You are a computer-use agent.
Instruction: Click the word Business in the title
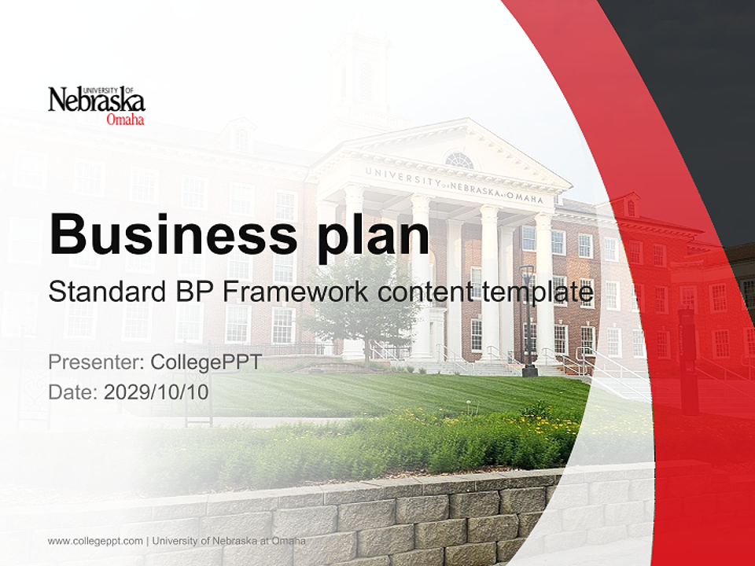click(x=173, y=234)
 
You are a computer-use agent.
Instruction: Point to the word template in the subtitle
click(x=537, y=293)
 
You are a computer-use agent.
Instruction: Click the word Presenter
click(x=96, y=362)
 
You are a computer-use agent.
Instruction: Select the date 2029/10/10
click(x=156, y=391)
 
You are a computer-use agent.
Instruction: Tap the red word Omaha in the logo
click(x=125, y=119)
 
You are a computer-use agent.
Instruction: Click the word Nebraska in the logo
click(x=96, y=101)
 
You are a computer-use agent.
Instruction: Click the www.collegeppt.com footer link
click(x=95, y=541)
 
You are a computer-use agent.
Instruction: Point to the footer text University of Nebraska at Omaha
click(x=229, y=541)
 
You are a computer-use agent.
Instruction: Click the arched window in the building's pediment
click(x=459, y=160)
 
